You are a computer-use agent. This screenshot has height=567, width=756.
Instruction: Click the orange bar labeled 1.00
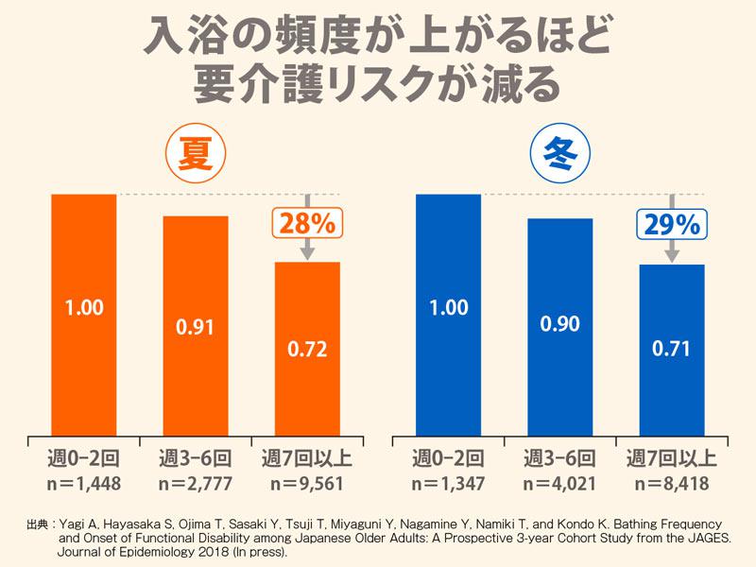(84, 313)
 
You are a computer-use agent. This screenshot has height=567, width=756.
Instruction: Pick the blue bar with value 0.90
(560, 325)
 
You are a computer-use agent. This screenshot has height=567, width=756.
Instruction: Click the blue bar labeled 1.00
(449, 313)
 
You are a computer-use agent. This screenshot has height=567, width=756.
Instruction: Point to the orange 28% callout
(306, 223)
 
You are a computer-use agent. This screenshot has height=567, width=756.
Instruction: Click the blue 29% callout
(671, 224)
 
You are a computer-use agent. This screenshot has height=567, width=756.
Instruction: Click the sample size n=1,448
(84, 485)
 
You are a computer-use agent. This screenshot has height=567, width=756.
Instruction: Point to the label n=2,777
(196, 485)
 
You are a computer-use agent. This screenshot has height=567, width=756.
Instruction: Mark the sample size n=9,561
(307, 485)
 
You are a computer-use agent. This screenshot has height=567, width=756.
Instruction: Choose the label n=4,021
(560, 485)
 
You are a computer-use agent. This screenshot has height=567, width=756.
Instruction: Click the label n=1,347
(449, 485)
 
